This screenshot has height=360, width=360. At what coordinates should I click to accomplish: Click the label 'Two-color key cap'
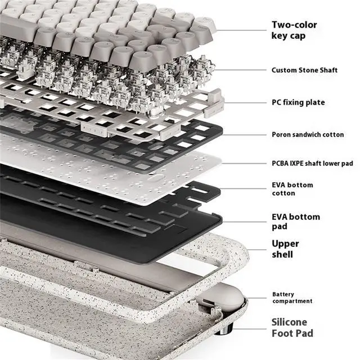294,30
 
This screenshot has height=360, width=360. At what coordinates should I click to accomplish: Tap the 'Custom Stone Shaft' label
304,70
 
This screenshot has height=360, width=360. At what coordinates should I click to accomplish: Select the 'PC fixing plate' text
298,102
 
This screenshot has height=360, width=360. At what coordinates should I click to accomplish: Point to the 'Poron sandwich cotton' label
307,135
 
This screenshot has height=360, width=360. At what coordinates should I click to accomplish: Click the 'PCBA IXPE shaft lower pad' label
312,163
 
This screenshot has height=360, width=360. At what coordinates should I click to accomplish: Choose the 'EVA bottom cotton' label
292,189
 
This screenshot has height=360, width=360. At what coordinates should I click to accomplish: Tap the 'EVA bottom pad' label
296,222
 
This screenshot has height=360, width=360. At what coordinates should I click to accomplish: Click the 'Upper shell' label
286,249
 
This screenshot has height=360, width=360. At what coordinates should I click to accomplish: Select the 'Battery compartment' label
292,298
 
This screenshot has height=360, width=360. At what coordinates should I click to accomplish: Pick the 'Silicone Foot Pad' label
292,328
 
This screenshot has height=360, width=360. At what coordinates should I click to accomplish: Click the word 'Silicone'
290,322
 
